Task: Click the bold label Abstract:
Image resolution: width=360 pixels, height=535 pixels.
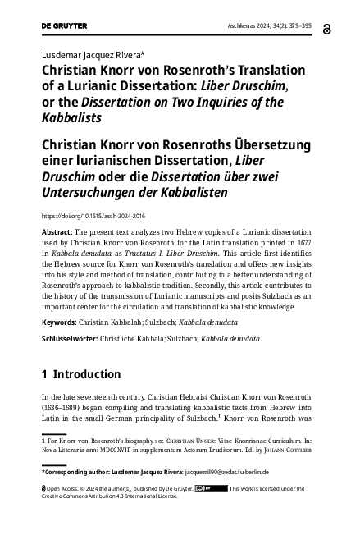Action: [57, 233]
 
